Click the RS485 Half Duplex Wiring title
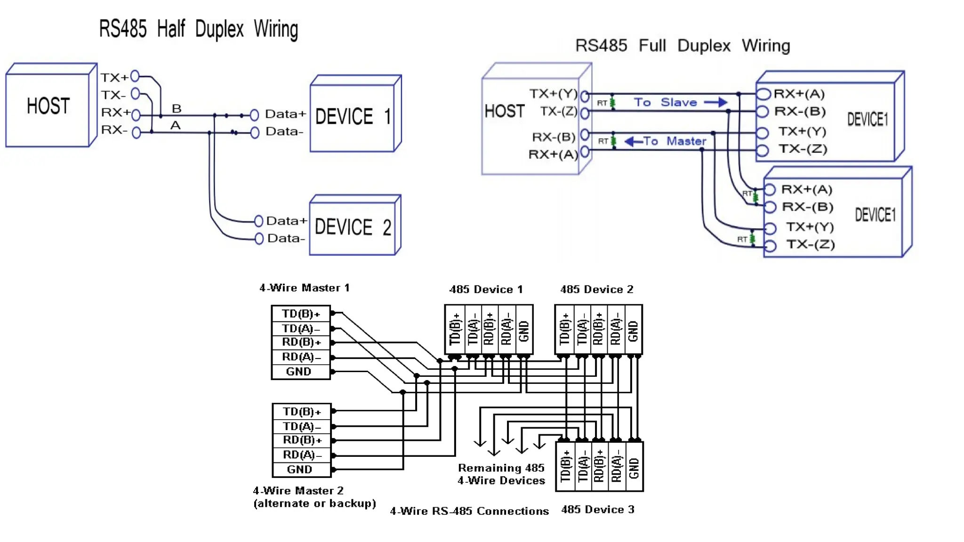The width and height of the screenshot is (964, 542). [198, 29]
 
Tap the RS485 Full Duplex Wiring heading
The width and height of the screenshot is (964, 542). [683, 46]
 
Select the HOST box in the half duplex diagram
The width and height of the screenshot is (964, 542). [48, 106]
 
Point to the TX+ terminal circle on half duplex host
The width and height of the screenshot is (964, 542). [135, 76]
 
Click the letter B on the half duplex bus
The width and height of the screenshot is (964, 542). [177, 109]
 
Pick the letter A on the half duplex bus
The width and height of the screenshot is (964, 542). [176, 126]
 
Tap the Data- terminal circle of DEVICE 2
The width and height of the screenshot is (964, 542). [258, 239]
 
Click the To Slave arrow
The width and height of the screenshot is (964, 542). [715, 103]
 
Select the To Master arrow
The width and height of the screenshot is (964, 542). [634, 141]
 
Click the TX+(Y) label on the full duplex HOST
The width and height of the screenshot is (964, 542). [553, 94]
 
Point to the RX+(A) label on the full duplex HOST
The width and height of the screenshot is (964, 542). [553, 154]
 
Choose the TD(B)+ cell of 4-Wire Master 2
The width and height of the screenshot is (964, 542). [301, 412]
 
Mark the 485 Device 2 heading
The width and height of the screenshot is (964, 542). [596, 289]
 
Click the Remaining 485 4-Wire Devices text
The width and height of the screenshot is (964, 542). [501, 474]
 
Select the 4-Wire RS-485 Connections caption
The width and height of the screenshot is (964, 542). [469, 511]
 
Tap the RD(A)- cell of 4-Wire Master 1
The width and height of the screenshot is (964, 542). [301, 357]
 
